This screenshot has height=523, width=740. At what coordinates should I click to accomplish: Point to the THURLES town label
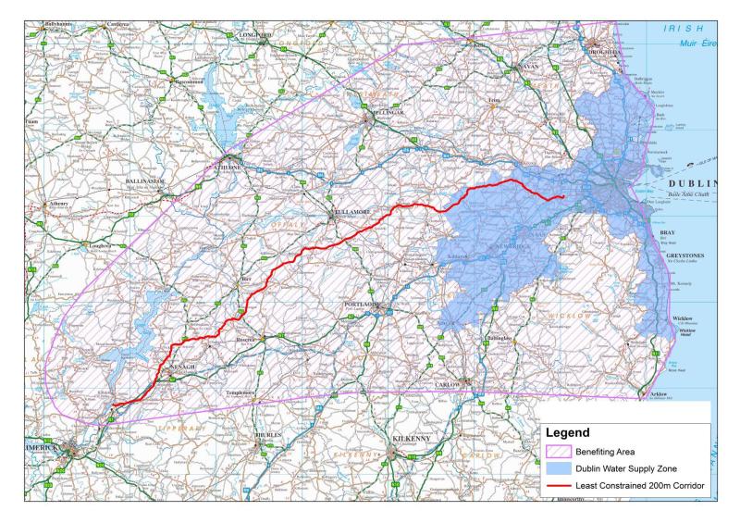click(268, 434)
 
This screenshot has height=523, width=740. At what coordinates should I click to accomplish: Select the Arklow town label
click(655, 393)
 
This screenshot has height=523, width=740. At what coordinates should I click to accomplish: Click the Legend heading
click(573, 432)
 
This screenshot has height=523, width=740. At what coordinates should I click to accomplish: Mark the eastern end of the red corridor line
click(564, 196)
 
